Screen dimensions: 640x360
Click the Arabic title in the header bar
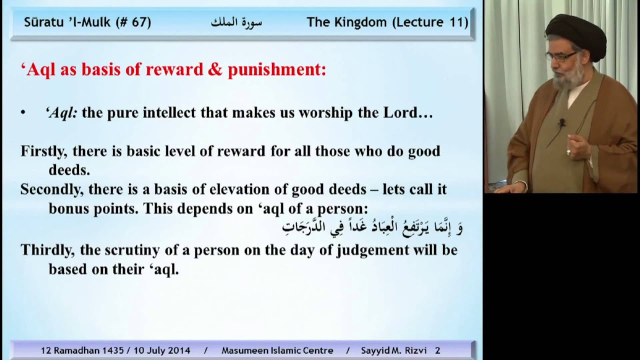click(x=236, y=22)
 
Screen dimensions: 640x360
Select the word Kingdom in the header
click(x=360, y=22)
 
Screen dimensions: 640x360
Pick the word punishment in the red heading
click(x=277, y=70)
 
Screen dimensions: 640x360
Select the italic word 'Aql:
click(x=61, y=113)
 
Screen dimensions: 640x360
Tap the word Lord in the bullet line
click(x=400, y=113)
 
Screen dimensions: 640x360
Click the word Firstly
click(x=43, y=151)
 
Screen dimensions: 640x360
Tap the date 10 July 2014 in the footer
click(x=162, y=350)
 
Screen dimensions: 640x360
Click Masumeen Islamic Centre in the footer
click(x=277, y=350)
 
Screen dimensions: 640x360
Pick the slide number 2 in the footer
click(x=437, y=350)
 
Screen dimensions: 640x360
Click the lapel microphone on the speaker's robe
click(x=562, y=123)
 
